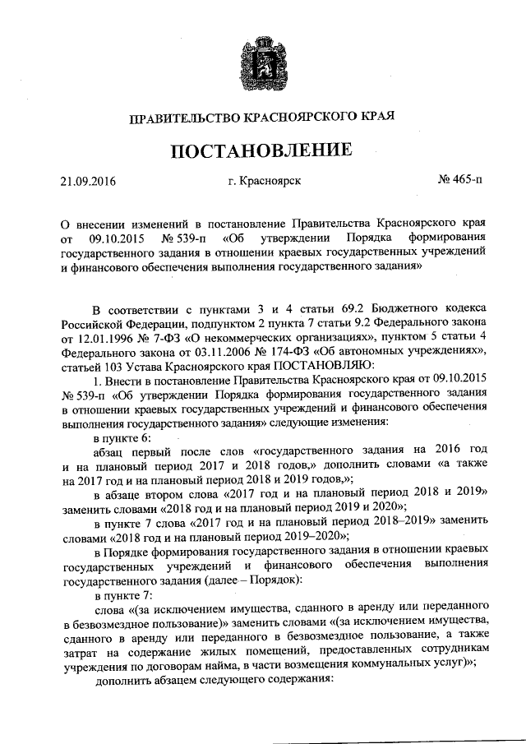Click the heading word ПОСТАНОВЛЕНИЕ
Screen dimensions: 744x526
262,150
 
